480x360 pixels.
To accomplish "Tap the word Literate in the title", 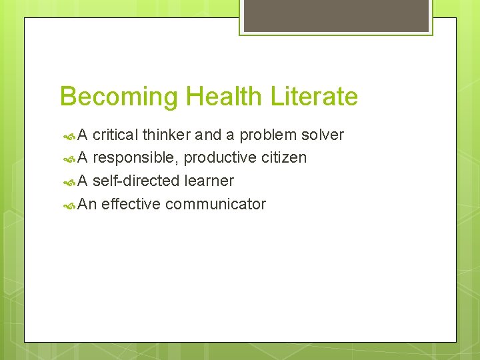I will [314, 97].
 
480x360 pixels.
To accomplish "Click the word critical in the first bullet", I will [115, 135].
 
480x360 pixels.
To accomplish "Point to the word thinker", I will [167, 135].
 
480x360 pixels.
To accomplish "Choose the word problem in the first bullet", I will [268, 135].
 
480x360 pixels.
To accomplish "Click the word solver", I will [323, 135].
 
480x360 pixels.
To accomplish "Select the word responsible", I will [135, 158].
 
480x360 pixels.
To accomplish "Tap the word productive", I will [220, 158].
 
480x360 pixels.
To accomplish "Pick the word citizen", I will [284, 158].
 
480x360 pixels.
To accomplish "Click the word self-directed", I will [137, 181].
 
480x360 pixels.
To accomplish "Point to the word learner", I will [209, 181].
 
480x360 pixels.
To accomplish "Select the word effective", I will [131, 204].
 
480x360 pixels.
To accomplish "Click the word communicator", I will [215, 204].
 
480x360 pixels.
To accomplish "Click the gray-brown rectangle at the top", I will [336, 15].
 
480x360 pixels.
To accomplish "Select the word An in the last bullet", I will [87, 204].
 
